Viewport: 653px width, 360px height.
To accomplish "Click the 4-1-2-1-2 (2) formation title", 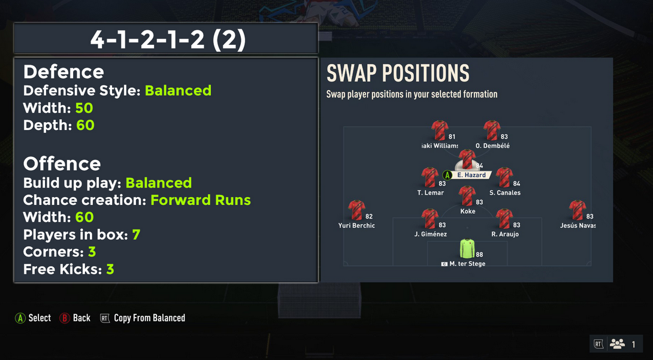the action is (x=168, y=40).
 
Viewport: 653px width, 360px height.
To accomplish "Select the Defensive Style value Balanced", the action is (x=179, y=90).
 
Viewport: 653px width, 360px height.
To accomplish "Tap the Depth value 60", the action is (x=86, y=125).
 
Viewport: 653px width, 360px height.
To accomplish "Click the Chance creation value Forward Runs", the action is (x=201, y=200).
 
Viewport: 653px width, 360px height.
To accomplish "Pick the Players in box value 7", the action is (x=136, y=235).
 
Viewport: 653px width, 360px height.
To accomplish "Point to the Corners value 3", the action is (x=92, y=252).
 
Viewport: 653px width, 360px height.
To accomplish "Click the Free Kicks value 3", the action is (x=110, y=270).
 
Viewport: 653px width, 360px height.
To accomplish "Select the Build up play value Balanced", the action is (x=159, y=183).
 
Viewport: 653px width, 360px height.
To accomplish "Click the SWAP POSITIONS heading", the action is (x=398, y=73).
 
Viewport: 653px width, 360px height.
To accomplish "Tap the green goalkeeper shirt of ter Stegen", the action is (x=467, y=249).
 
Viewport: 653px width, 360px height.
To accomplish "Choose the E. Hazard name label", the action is (x=471, y=176).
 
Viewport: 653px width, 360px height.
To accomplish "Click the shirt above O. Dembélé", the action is (x=492, y=130).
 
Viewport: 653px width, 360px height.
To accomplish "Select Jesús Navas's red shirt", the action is (x=578, y=210).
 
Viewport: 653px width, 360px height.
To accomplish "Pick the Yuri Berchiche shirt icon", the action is (x=357, y=210).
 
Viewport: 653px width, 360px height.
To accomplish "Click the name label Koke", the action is (x=468, y=211).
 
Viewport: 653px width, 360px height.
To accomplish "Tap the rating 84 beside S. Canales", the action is (x=516, y=183).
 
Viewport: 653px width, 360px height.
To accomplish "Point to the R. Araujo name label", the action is (x=505, y=234).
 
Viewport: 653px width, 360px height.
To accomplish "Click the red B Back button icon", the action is (x=64, y=319).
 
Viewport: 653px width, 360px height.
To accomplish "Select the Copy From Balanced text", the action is (x=150, y=319).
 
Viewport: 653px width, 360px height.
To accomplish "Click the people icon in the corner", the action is (x=617, y=344).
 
